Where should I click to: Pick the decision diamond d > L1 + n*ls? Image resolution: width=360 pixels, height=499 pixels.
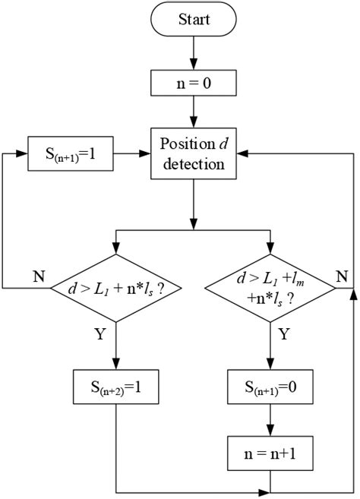coord(115,289)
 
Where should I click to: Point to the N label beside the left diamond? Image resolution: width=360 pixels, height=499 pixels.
coord(37,275)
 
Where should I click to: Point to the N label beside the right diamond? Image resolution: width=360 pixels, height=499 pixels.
coord(343,275)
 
